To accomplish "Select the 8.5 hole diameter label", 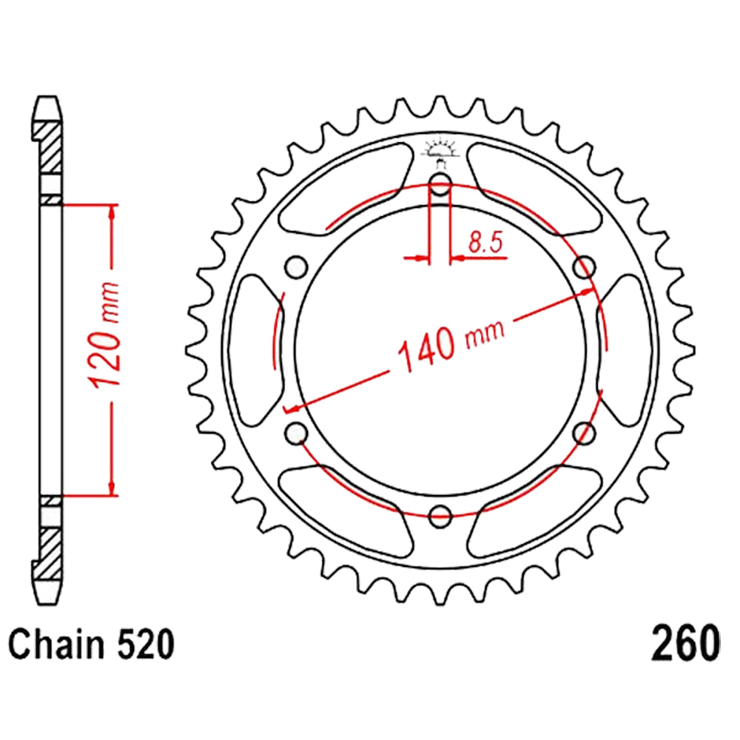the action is click(485, 243).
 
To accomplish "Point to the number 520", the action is click(145, 645).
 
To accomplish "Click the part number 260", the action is click(686, 644).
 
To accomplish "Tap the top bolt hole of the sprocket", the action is click(440, 184).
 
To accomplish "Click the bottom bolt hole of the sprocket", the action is click(440, 516).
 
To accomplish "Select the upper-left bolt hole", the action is click(297, 267).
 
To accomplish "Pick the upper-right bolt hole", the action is click(584, 267).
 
